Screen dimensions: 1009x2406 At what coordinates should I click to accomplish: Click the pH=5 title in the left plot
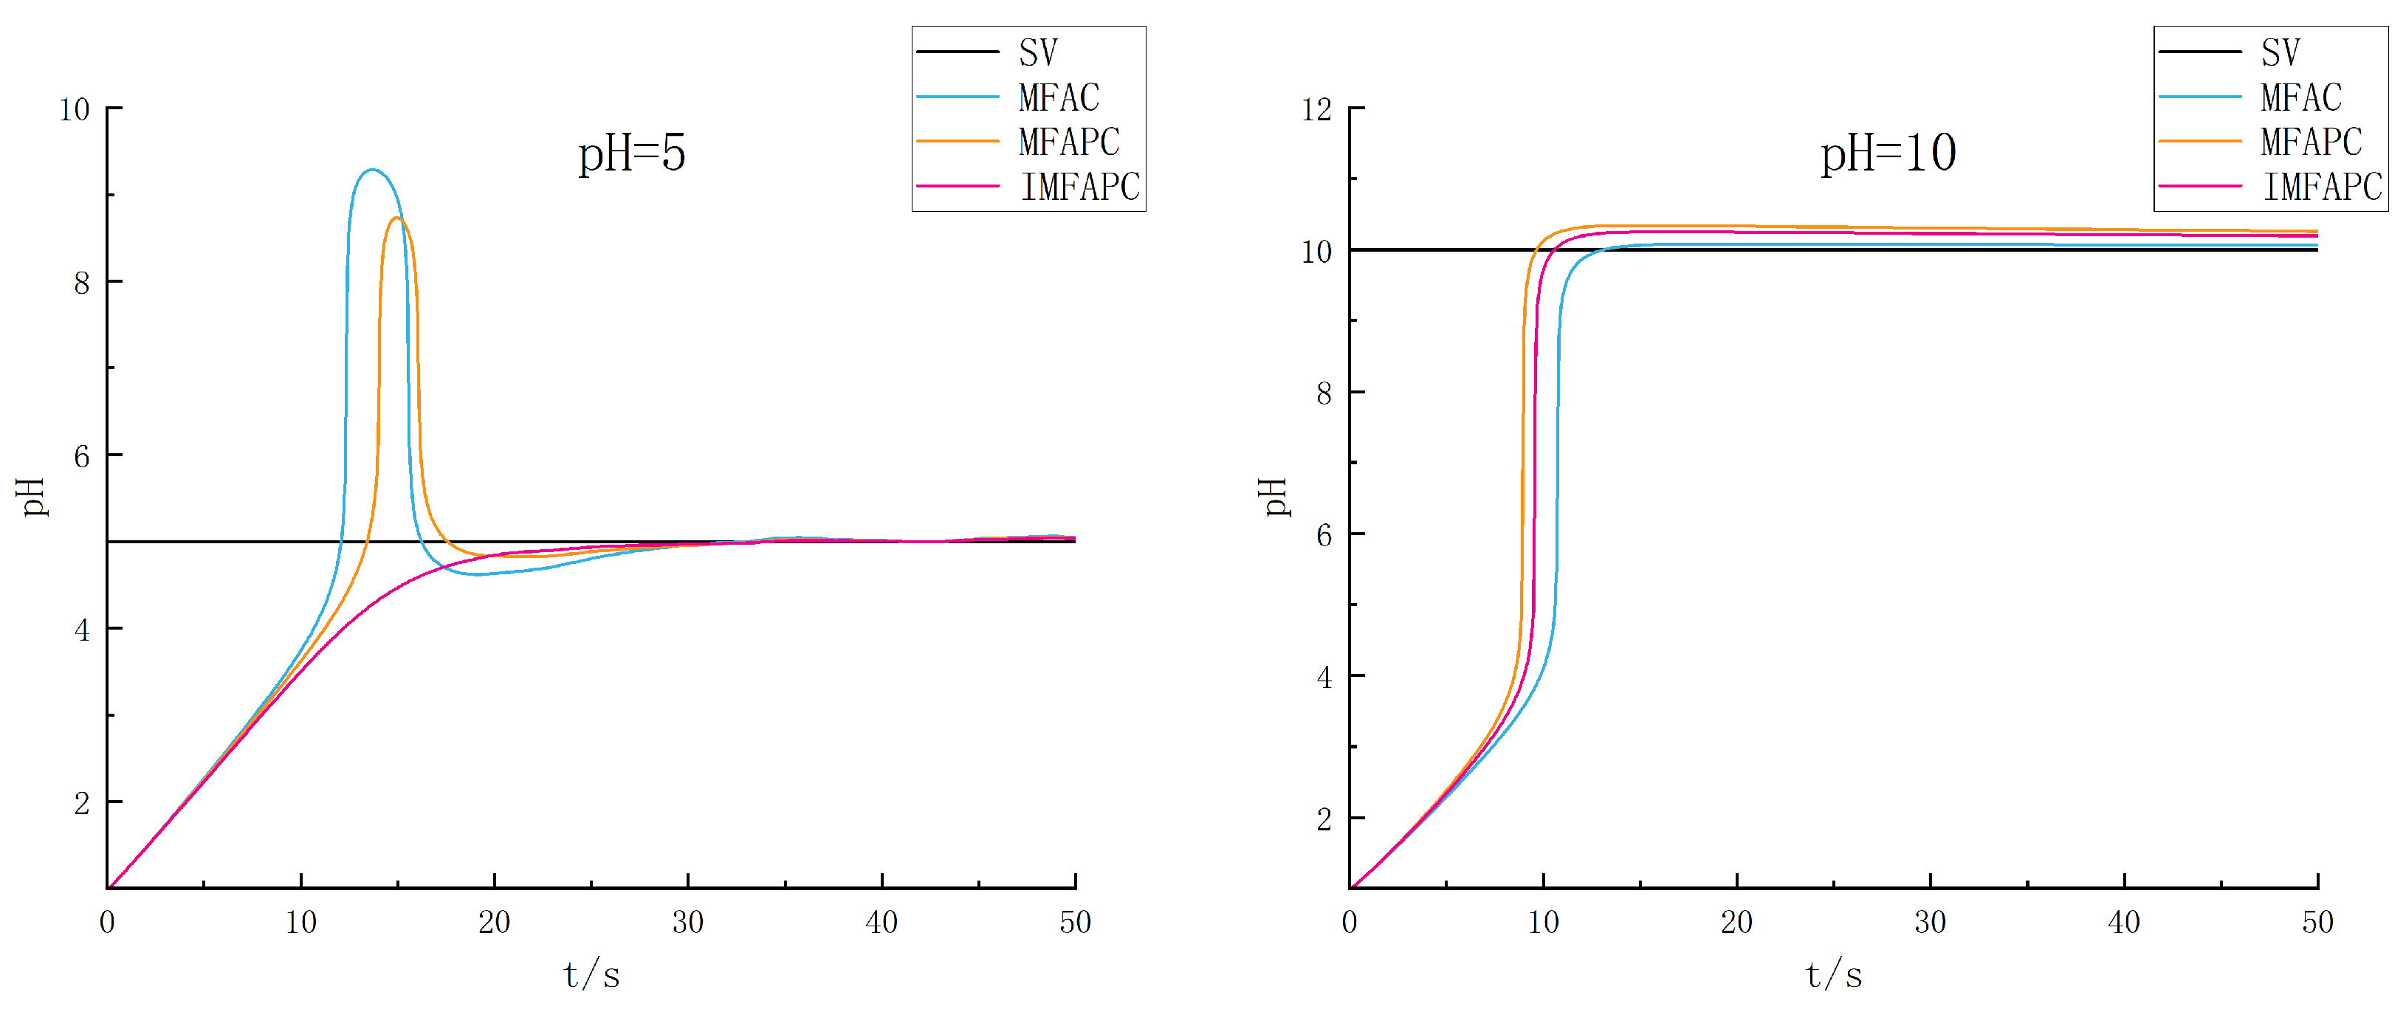point(631,153)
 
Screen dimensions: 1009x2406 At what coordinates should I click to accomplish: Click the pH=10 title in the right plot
point(1888,153)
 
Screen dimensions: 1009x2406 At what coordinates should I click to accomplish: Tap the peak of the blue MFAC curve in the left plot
point(372,170)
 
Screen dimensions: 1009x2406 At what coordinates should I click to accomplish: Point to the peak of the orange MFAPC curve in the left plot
point(397,218)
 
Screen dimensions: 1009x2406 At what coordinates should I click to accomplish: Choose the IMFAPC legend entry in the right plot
point(2322,187)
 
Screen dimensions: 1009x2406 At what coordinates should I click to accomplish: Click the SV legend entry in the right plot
point(2280,52)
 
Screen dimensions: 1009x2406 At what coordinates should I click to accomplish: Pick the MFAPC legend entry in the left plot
point(1068,142)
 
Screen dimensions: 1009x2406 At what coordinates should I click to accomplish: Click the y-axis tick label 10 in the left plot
point(74,110)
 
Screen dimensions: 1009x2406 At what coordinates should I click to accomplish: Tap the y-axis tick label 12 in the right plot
point(1316,110)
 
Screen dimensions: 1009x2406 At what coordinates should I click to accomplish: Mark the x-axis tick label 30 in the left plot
point(688,922)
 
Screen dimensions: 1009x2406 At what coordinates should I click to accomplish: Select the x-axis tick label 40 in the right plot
point(2124,922)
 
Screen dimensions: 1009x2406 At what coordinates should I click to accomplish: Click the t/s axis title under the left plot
point(591,974)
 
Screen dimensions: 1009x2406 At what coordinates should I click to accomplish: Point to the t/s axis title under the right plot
point(1833,974)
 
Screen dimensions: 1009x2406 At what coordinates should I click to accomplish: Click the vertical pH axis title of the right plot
point(1274,497)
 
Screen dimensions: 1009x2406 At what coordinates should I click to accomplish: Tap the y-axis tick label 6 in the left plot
point(82,456)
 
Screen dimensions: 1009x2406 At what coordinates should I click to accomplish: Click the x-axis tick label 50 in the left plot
point(1075,922)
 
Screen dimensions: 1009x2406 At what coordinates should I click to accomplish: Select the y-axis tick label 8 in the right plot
point(1324,394)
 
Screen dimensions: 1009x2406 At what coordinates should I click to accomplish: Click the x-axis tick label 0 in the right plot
point(1350,922)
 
